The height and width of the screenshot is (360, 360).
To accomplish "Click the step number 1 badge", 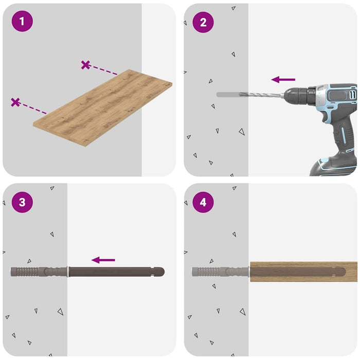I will [x=22, y=22].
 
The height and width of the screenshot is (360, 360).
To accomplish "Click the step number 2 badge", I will [x=203, y=22].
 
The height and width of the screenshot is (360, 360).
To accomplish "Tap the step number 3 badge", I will [x=22, y=202].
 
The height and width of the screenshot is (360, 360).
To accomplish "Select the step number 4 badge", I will [x=203, y=202].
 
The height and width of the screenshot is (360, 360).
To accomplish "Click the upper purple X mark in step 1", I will [x=85, y=65].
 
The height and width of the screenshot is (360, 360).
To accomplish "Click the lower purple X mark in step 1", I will [x=15, y=102].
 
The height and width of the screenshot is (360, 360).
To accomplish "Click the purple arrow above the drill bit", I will [x=283, y=79].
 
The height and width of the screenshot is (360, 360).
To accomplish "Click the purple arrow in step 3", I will [x=103, y=260].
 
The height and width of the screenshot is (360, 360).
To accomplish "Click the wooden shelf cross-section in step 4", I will [x=303, y=271].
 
